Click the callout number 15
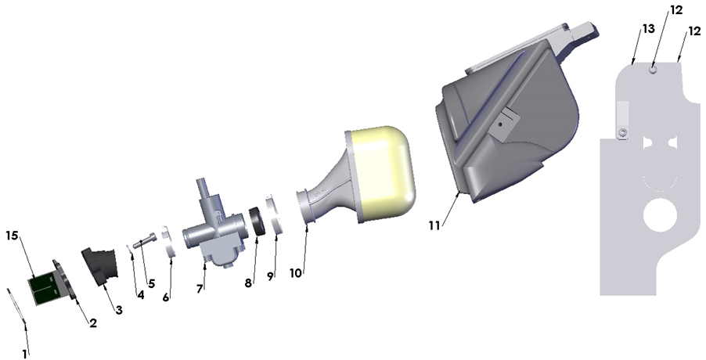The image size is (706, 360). [13, 236]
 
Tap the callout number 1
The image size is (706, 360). [25, 355]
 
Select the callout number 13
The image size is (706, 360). [648, 29]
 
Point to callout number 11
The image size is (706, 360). [434, 225]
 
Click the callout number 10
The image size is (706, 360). [295, 273]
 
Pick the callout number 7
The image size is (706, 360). [200, 290]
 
